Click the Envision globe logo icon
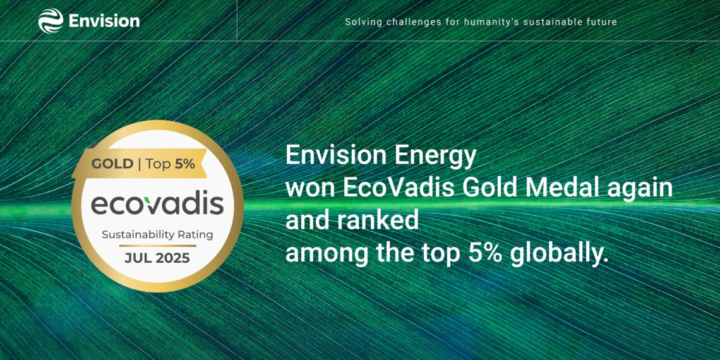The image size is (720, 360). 51,21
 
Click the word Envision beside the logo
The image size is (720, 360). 104,21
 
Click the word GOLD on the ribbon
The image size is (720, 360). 112,164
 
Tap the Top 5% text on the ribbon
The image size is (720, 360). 170,164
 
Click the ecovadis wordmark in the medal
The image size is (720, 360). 157,204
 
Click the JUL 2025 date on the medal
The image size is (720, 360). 157,258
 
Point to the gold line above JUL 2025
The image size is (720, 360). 157,245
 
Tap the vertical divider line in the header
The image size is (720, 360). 237,21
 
